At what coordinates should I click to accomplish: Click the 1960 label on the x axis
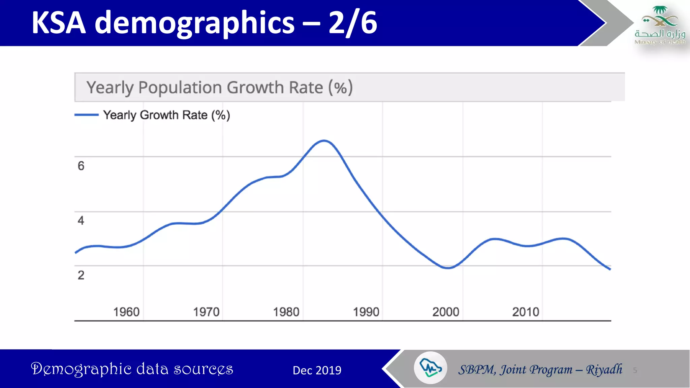[x=126, y=312]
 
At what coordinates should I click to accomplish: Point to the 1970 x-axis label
[x=206, y=312]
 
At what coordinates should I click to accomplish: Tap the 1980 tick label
[x=286, y=312]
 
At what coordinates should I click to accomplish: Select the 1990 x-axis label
[x=366, y=312]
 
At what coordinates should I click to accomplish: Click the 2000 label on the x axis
[x=446, y=312]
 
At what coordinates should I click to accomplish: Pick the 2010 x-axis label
[x=526, y=312]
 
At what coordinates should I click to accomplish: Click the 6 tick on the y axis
[x=81, y=166]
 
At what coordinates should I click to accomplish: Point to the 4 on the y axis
[x=81, y=221]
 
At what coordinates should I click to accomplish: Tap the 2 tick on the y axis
[x=81, y=275]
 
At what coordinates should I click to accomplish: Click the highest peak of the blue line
[x=324, y=141]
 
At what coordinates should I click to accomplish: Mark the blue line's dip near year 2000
[x=448, y=268]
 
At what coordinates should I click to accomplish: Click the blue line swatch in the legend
[x=87, y=115]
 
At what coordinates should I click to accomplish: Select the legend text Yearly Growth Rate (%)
[x=166, y=115]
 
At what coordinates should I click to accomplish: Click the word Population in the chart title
[x=180, y=88]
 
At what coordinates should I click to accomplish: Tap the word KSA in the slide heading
[x=59, y=23]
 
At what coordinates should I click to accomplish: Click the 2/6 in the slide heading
[x=352, y=23]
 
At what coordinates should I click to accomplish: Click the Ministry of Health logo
[x=660, y=25]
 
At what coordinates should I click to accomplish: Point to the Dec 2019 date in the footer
[x=317, y=370]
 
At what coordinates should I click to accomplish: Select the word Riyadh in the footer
[x=604, y=369]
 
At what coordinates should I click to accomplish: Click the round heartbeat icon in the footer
[x=430, y=368]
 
